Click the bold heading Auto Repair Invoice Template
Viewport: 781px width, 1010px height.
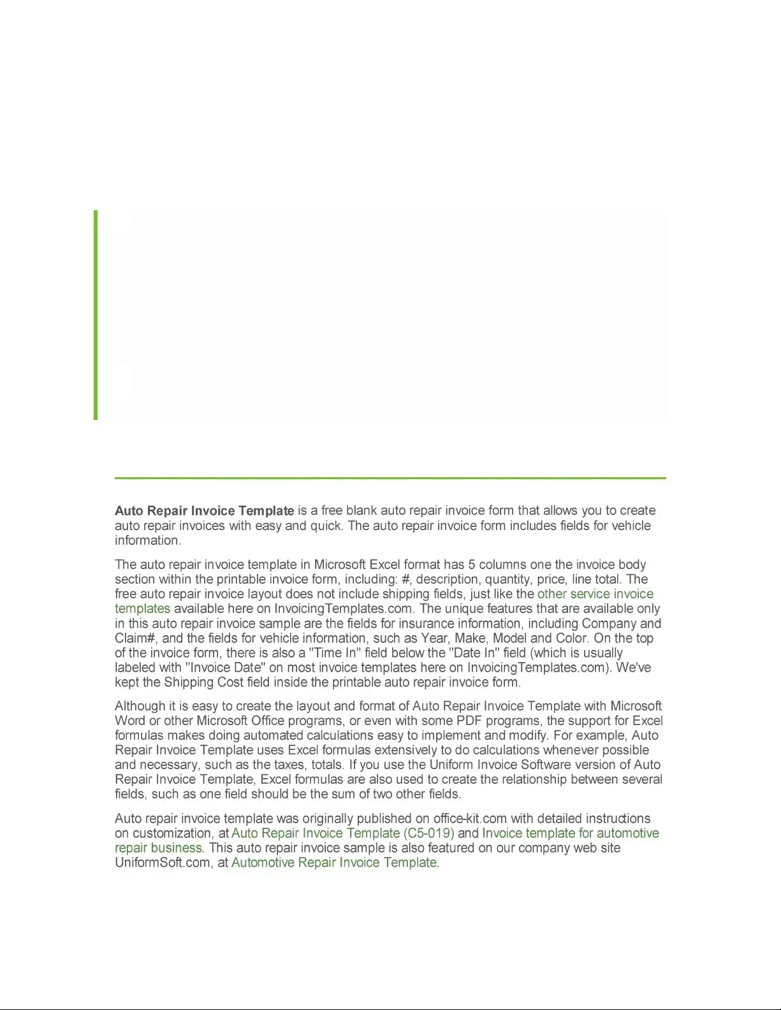[204, 511]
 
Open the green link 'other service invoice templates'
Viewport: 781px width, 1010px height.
[595, 594]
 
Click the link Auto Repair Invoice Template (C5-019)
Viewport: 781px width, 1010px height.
[343, 833]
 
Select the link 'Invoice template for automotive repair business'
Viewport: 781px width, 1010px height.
[571, 833]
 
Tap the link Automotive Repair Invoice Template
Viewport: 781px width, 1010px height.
[334, 863]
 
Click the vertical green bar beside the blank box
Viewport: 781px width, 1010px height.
[96, 315]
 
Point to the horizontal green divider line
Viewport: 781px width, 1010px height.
[390, 477]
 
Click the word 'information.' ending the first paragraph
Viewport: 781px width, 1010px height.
[148, 540]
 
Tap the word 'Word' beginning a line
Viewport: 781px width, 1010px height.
[129, 721]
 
